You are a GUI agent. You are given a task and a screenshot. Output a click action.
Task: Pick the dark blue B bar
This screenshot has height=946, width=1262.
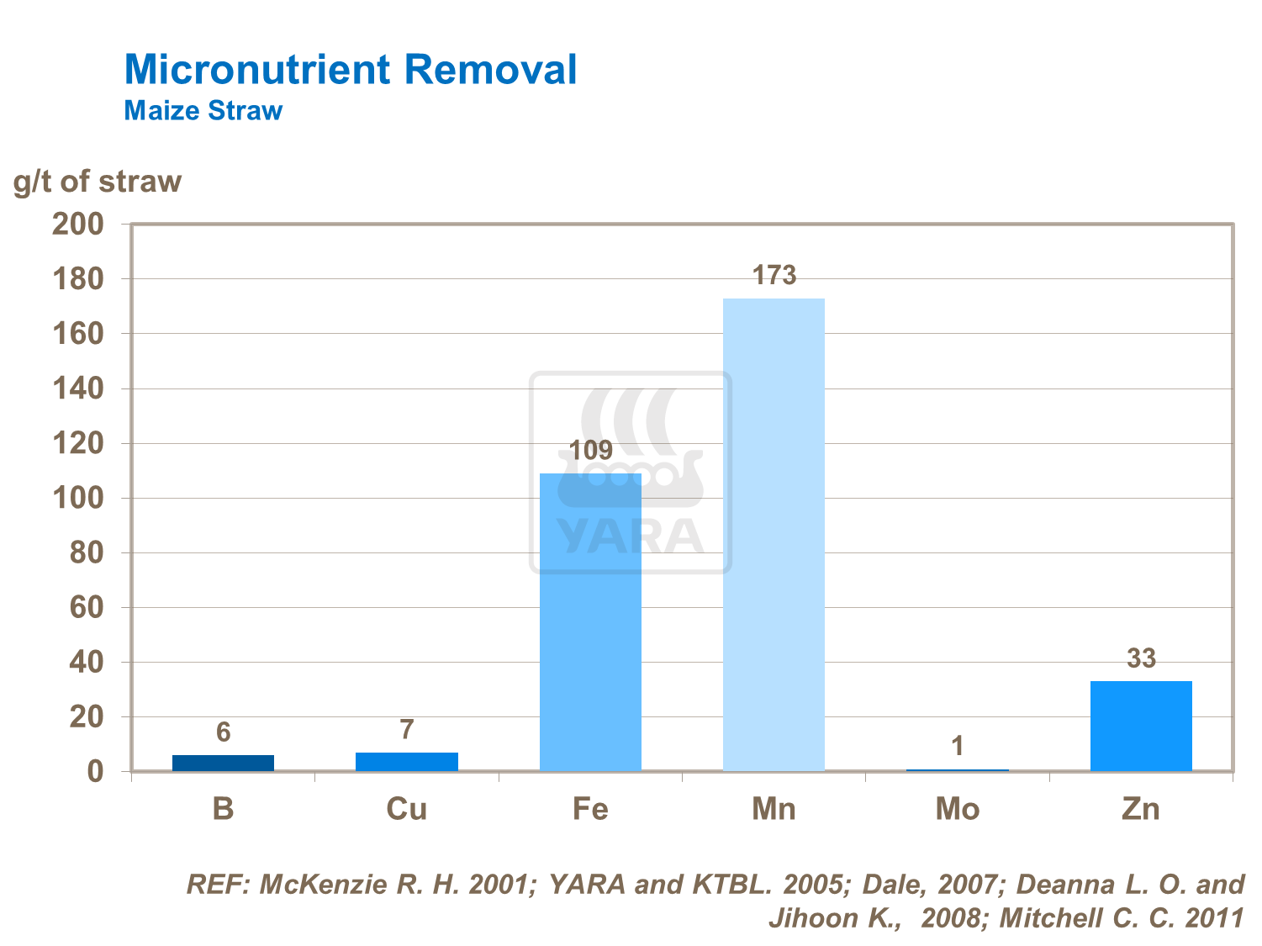(x=223, y=763)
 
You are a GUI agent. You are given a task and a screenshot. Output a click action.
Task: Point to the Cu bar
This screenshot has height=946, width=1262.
(x=407, y=762)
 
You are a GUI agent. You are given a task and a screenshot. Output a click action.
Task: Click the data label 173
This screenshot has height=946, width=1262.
(x=774, y=275)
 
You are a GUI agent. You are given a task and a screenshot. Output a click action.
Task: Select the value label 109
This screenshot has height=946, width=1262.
(x=590, y=451)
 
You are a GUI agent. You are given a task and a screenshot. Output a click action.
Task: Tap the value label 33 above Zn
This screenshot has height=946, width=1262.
(x=1141, y=658)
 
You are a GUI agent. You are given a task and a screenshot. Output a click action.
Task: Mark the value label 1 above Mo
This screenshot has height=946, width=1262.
(x=958, y=746)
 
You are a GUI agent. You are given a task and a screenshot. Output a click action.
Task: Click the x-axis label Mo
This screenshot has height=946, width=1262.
(x=958, y=809)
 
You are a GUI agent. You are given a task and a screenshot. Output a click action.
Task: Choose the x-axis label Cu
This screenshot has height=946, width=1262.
(x=407, y=809)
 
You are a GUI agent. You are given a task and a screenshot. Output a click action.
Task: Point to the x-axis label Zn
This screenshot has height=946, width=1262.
(x=1141, y=809)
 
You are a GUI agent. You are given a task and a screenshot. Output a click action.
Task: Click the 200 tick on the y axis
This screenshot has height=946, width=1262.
(x=77, y=224)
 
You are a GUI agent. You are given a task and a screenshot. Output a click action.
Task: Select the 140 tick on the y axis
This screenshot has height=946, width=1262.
(x=77, y=388)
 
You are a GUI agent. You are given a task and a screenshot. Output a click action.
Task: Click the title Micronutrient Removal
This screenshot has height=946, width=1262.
(x=351, y=70)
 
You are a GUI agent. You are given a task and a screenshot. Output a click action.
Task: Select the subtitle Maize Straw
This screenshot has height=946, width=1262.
(x=203, y=111)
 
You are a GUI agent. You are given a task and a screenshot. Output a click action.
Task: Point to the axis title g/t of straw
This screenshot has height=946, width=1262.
(x=98, y=182)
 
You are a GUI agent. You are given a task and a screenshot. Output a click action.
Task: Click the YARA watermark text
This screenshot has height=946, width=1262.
(x=630, y=536)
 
